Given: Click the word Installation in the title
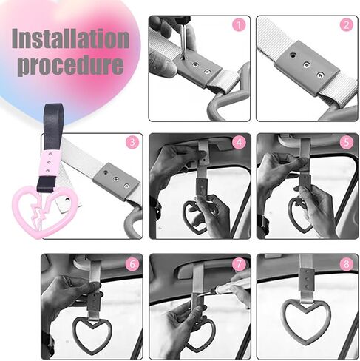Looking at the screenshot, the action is (x=70, y=38).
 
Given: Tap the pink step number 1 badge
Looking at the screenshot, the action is (x=239, y=25).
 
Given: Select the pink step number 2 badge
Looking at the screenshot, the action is (x=346, y=25).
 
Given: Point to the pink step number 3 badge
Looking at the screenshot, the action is (x=132, y=142).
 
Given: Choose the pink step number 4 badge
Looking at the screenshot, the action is (x=239, y=142).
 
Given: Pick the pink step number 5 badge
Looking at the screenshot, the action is (x=346, y=142).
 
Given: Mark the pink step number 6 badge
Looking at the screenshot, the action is (x=132, y=264).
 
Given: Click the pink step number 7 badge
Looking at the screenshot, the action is (x=239, y=264).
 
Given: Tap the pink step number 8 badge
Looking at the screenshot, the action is (x=346, y=264).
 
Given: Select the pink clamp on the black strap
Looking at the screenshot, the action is (x=50, y=163).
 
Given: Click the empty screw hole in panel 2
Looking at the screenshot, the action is (x=292, y=55).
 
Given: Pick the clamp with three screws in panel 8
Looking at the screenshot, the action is (x=307, y=280).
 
